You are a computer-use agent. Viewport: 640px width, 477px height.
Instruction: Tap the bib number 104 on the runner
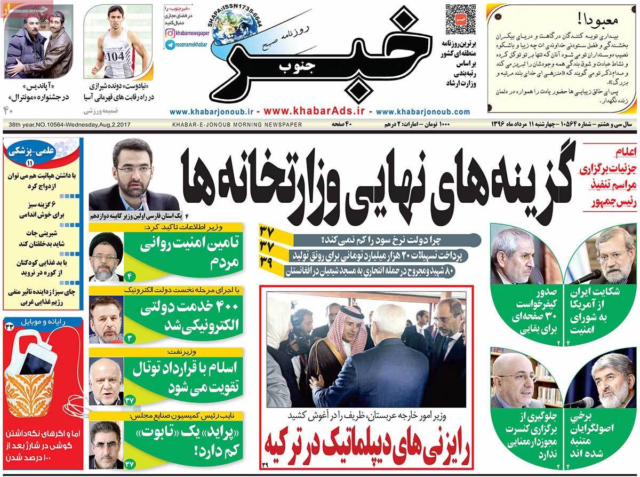pyautogui.click(x=114, y=55)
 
